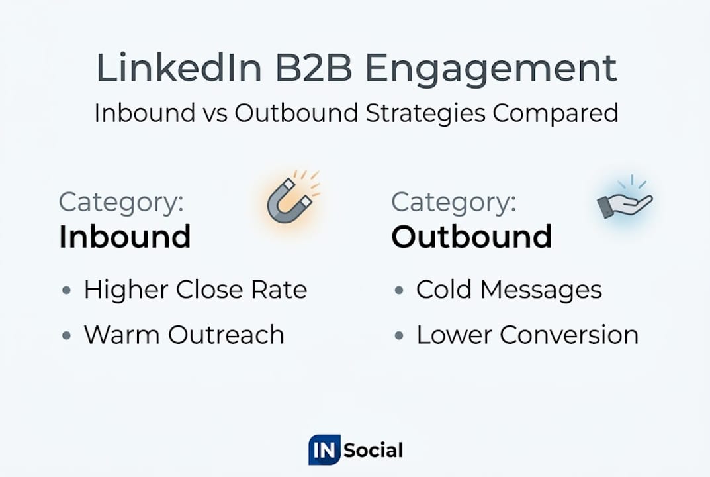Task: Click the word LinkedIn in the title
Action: (179, 68)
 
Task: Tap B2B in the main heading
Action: (314, 68)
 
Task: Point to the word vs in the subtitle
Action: (215, 113)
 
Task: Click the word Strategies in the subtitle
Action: (425, 113)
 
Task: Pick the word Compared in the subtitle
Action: (556, 113)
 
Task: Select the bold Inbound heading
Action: (125, 237)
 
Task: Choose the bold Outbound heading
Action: (472, 237)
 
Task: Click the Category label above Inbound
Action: (121, 203)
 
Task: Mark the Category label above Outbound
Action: (454, 203)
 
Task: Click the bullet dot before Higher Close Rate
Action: (67, 290)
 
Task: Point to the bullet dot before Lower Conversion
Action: (399, 335)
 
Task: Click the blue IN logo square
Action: (325, 450)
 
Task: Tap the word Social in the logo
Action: (373, 450)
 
